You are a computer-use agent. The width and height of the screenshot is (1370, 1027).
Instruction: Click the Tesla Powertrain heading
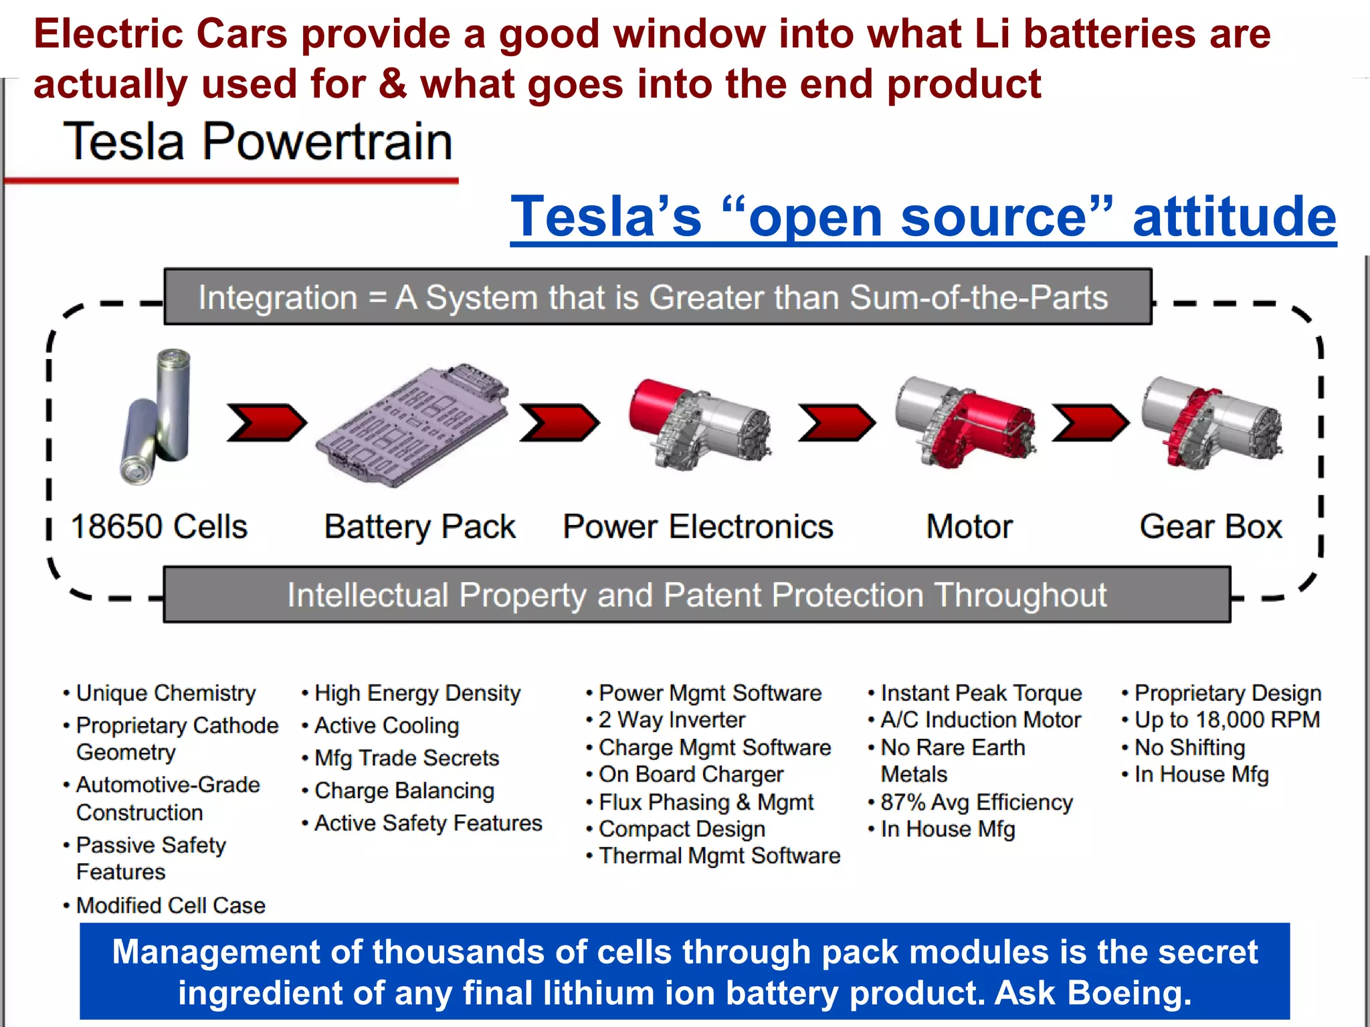(258, 142)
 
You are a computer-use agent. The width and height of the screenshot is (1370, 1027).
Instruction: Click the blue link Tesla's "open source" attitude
(923, 217)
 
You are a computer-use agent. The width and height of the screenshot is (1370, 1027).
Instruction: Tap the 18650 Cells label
(159, 527)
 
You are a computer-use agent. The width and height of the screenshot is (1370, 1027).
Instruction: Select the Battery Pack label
(419, 527)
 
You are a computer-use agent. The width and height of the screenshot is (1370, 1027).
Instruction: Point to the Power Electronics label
(698, 527)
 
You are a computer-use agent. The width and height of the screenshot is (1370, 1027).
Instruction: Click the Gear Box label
(1211, 527)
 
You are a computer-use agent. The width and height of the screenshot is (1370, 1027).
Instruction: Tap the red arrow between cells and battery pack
(266, 423)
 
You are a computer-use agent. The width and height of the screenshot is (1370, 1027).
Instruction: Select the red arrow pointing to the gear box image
(1090, 423)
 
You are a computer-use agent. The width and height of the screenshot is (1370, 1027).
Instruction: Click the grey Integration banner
(658, 298)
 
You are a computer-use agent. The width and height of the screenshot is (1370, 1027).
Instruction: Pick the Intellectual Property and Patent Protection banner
(696, 595)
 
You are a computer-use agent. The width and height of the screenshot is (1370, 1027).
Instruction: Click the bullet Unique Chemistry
(166, 693)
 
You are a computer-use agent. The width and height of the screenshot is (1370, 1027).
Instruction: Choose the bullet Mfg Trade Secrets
(407, 758)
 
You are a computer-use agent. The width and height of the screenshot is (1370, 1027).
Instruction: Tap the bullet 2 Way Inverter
(672, 720)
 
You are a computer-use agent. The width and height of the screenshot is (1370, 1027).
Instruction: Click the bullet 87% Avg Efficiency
(976, 802)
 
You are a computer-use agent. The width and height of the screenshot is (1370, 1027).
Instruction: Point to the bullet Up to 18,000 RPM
(1227, 720)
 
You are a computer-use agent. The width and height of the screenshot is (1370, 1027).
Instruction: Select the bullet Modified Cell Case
(171, 905)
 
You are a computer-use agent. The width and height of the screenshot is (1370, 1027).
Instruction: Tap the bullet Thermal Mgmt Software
(719, 856)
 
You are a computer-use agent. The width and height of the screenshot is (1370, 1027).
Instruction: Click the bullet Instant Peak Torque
(981, 693)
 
